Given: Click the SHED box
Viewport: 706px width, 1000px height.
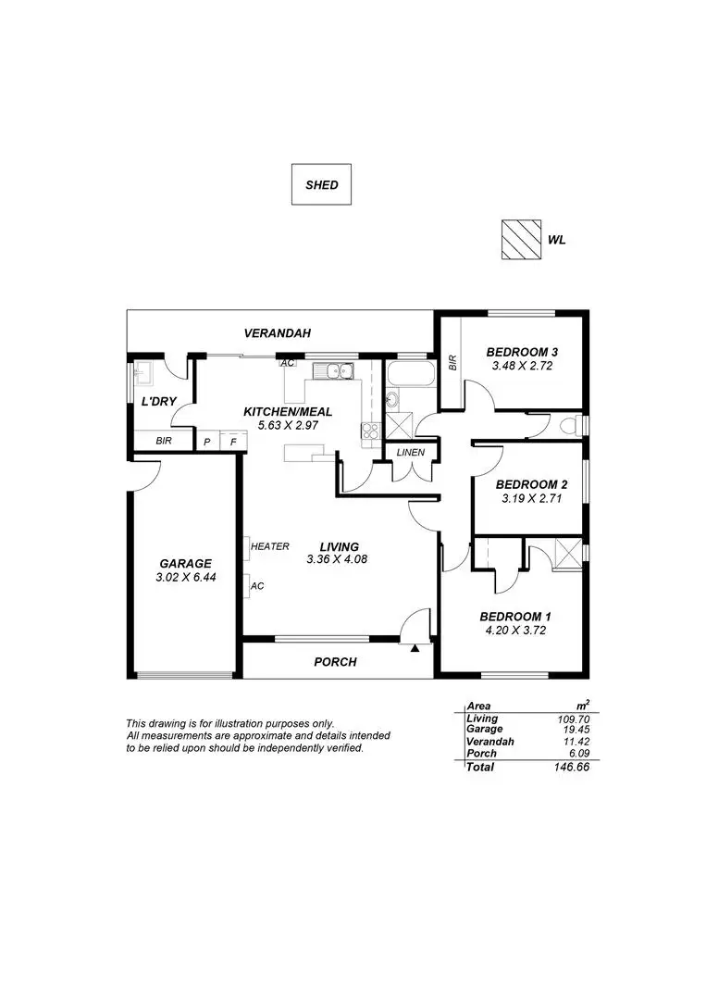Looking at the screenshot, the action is tap(321, 184).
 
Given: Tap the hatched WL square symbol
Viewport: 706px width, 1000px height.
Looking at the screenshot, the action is tap(521, 240).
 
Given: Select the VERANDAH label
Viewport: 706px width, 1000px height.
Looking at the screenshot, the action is tap(278, 333).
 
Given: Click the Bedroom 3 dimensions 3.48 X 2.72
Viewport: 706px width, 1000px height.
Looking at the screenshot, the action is tap(522, 366).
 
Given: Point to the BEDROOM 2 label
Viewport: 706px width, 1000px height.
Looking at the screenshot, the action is tap(531, 484).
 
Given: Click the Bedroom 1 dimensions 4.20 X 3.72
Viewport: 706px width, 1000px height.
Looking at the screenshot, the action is tap(515, 631).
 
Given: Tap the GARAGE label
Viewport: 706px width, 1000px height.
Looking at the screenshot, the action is tap(185, 564).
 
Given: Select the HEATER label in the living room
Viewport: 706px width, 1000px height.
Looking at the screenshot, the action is tap(269, 546).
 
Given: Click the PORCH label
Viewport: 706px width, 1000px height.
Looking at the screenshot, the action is tap(335, 662).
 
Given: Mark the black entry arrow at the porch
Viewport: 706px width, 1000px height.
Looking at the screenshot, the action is tap(415, 648).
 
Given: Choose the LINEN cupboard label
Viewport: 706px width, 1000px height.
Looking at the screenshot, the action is tap(410, 453).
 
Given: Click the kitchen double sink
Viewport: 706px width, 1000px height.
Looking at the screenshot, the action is tap(333, 370).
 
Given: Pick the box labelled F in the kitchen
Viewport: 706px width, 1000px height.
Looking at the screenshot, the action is tap(232, 442).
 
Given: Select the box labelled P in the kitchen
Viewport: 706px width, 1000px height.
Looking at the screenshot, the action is tap(207, 442).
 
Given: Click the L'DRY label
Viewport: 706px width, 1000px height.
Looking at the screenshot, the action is tap(158, 402).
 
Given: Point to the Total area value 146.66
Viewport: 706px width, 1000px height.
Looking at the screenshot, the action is tap(572, 768).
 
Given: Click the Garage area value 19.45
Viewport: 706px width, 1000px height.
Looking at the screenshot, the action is tap(576, 729).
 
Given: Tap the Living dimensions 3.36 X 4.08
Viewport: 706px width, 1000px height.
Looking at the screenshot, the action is tap(337, 559).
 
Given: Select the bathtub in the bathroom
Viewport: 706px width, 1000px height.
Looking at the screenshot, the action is tap(411, 374).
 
